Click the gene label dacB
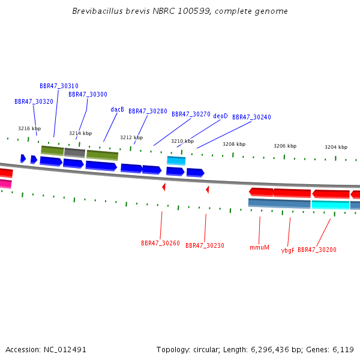(117, 110)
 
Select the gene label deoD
(220, 116)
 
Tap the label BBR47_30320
(34, 101)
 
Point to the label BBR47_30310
(59, 86)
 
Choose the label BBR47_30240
(251, 117)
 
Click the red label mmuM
(259, 247)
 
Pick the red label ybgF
(287, 250)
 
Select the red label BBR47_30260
(160, 243)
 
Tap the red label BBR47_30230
(205, 245)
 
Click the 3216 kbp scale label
(29, 128)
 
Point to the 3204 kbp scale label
(336, 147)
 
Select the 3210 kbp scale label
(182, 141)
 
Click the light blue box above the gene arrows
(176, 160)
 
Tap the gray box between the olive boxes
(75, 152)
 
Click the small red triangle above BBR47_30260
(164, 187)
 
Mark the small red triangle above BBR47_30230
(208, 190)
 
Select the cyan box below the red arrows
(331, 205)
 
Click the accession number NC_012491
(65, 350)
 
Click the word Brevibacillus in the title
(97, 11)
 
